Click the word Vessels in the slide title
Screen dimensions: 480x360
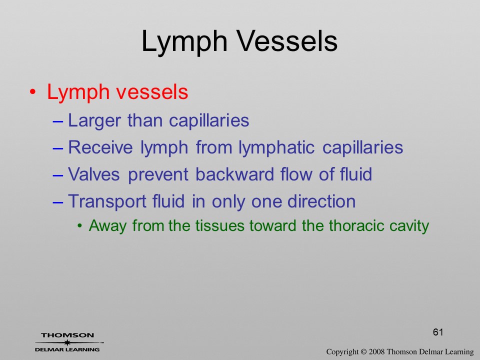287,41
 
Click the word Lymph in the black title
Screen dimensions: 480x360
184,43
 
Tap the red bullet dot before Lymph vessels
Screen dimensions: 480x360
33,92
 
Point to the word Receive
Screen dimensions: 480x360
100,147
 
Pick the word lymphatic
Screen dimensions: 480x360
276,148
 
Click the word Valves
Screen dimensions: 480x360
93,174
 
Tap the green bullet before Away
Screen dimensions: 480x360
80,226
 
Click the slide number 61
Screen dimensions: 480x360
438,332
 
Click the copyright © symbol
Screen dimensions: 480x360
363,352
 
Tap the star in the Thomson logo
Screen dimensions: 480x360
67,342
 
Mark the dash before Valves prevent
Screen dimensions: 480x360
58,175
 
